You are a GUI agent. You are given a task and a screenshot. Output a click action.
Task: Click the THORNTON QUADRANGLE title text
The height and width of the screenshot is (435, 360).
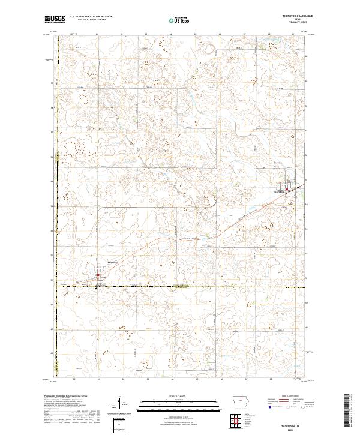pyautogui.click(x=292, y=16)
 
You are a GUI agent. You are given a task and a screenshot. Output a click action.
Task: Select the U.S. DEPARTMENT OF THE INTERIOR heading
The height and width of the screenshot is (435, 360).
pyautogui.click(x=91, y=16)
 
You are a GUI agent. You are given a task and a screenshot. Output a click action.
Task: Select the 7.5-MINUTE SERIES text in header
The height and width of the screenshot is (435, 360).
pyautogui.click(x=292, y=22)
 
